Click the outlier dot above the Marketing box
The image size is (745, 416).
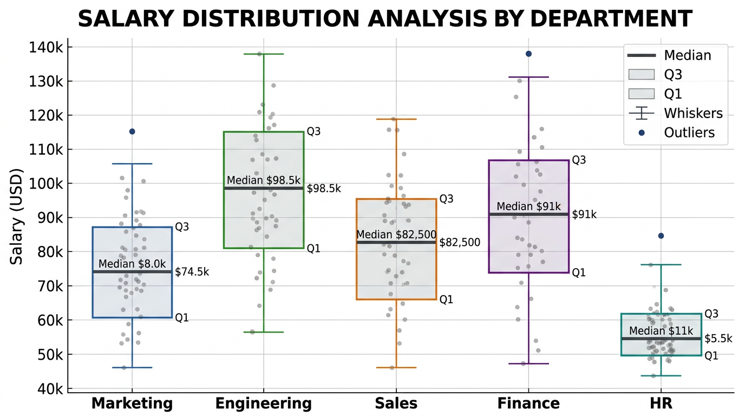(132, 132)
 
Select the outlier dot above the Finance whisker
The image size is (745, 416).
(528, 54)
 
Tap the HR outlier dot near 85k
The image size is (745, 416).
(661, 236)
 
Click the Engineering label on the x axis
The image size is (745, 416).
(263, 404)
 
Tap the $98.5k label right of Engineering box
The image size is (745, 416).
(324, 188)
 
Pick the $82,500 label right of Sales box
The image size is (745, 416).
(460, 243)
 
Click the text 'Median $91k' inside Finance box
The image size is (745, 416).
(528, 206)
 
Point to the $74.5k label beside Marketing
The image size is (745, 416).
(192, 272)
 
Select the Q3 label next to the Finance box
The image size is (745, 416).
(579, 160)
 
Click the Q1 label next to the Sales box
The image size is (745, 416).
(446, 300)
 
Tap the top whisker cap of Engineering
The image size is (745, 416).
(263, 54)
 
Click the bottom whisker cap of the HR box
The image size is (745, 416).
(661, 375)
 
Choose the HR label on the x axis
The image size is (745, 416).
(661, 404)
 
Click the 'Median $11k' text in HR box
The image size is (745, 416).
(661, 331)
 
